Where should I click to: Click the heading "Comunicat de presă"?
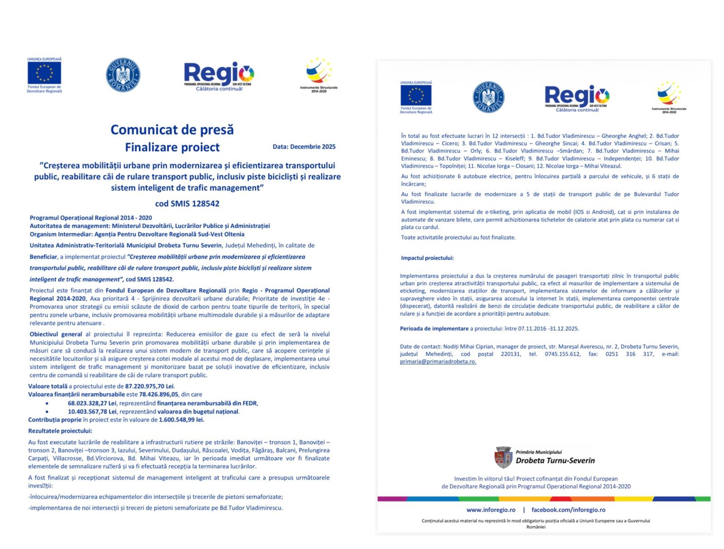(x=172, y=130)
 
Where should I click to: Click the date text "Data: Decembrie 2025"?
(x=304, y=147)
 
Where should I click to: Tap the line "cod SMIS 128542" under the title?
(x=187, y=203)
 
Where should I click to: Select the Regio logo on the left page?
(x=219, y=75)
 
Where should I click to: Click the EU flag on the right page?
(x=415, y=95)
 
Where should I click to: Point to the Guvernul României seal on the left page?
(x=123, y=75)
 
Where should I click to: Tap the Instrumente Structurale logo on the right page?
(x=669, y=96)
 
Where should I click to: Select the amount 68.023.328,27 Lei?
(x=92, y=403)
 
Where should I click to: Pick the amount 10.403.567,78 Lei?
(x=92, y=412)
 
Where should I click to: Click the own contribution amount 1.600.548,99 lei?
(x=181, y=420)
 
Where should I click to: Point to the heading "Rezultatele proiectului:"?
(x=60, y=431)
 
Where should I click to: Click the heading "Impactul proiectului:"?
(x=427, y=258)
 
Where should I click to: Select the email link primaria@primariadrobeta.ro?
(x=438, y=361)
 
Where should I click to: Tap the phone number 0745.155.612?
(x=562, y=354)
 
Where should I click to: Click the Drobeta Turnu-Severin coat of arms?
(x=503, y=457)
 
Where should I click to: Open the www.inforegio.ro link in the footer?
(x=491, y=510)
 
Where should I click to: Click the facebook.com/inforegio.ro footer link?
(x=568, y=510)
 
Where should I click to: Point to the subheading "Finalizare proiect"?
(x=172, y=147)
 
